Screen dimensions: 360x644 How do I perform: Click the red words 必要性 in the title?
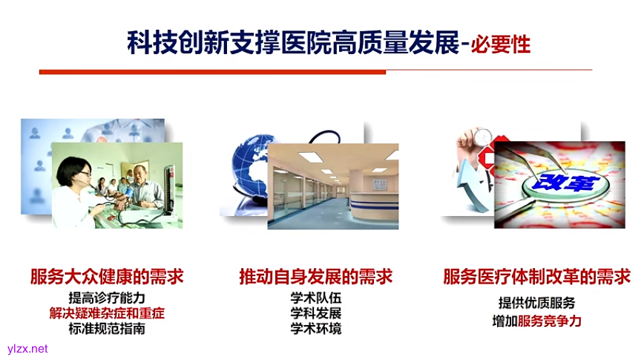[502, 42]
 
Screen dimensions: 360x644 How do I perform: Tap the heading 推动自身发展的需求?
[315, 277]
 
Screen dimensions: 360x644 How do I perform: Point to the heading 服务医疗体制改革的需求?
[536, 277]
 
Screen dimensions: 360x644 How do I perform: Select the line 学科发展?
[316, 313]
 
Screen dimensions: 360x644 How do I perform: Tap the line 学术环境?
[316, 328]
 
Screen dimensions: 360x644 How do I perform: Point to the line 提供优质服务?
[536, 303]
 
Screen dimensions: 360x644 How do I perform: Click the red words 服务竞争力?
[550, 321]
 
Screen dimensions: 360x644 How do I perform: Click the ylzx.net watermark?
[27, 349]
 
